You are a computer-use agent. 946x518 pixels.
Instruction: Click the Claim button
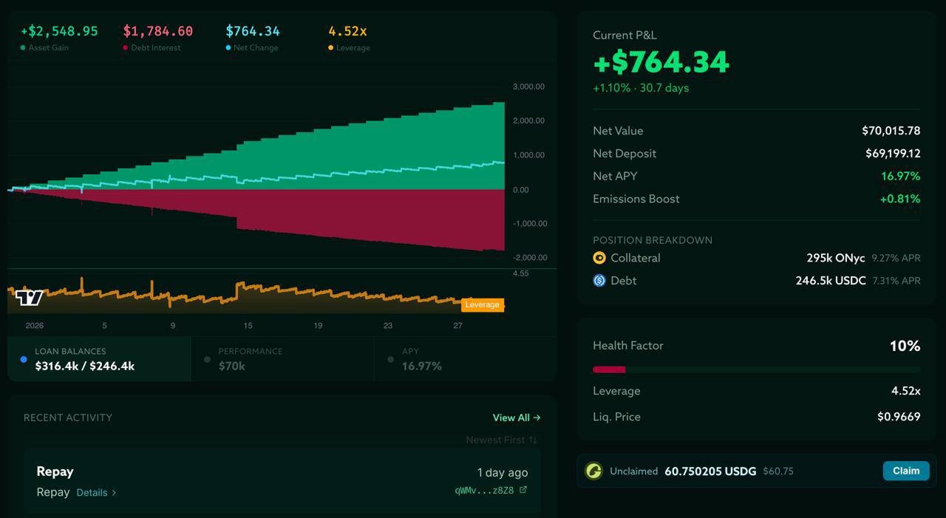click(905, 471)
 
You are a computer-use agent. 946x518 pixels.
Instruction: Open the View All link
click(516, 418)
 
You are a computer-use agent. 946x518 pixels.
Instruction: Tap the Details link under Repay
click(96, 492)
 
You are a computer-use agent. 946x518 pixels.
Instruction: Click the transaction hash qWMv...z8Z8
click(484, 490)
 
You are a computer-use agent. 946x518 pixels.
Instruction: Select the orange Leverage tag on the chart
click(483, 304)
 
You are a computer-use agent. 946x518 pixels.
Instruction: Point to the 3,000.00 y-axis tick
click(528, 86)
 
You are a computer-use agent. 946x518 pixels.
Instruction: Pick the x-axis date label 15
click(248, 325)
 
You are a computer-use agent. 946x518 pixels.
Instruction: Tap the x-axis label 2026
click(34, 325)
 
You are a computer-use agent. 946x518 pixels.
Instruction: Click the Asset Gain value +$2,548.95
click(59, 31)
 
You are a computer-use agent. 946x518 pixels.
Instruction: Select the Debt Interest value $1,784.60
click(157, 31)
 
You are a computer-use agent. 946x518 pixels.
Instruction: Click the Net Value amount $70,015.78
click(891, 131)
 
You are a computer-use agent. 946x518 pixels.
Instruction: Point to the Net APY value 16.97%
click(900, 176)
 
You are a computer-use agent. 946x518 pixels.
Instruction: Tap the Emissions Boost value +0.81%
click(899, 199)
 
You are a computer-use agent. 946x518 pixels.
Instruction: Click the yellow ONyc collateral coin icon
click(599, 258)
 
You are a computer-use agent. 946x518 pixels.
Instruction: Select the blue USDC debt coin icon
click(599, 281)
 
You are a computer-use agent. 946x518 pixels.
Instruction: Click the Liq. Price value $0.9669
click(899, 417)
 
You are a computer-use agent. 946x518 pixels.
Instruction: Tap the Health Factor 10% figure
click(905, 346)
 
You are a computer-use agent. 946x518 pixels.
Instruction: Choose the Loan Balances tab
click(99, 359)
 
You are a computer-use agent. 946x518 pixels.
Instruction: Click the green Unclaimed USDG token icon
click(593, 471)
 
